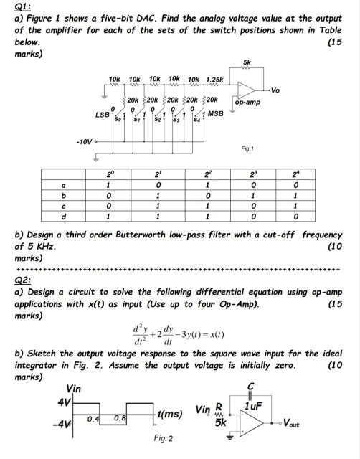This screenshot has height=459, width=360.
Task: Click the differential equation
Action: coord(179,333)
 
